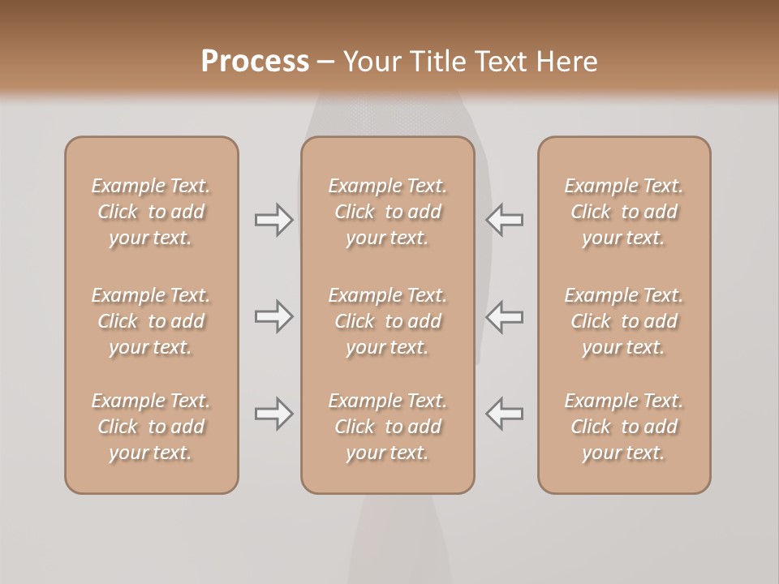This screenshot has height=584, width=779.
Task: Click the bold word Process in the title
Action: pyautogui.click(x=255, y=62)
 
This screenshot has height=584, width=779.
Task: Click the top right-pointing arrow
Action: pyautogui.click(x=274, y=220)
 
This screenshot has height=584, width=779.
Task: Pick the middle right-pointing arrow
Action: pyautogui.click(x=274, y=316)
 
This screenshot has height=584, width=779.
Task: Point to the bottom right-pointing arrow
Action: pyautogui.click(x=274, y=414)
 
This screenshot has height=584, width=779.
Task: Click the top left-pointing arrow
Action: pyautogui.click(x=504, y=220)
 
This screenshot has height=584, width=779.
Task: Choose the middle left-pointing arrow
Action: pyautogui.click(x=504, y=316)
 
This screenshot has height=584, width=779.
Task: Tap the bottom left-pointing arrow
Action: pyautogui.click(x=504, y=414)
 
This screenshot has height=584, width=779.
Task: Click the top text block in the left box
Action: pyautogui.click(x=151, y=212)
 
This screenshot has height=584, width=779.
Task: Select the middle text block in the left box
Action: pyautogui.click(x=151, y=321)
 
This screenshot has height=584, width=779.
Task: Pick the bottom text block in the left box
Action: pyautogui.click(x=151, y=427)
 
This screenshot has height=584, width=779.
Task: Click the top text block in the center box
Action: pyautogui.click(x=388, y=212)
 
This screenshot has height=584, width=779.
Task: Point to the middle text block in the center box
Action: pyautogui.click(x=388, y=321)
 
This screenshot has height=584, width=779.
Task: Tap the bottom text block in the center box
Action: pyautogui.click(x=388, y=427)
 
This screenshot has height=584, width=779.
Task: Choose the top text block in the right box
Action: pyautogui.click(x=624, y=212)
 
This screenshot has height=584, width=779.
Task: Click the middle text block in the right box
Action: pyautogui.click(x=624, y=321)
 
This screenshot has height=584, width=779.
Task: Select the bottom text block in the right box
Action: pyautogui.click(x=624, y=427)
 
